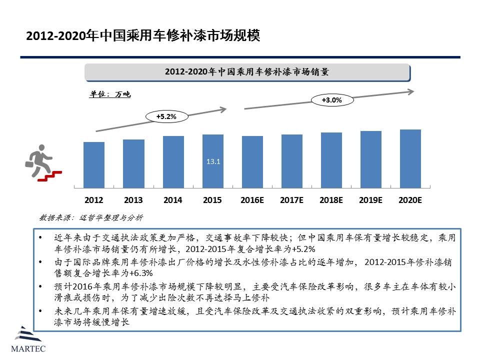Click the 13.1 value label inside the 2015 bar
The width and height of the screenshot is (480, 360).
pos(213,161)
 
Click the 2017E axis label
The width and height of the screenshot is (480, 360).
pos(292,200)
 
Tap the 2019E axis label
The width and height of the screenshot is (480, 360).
pos(371,200)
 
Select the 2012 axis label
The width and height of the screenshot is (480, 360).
pos(94,200)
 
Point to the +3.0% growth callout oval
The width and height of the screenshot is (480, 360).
pos(332,100)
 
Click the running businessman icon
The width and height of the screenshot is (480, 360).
pos(37,159)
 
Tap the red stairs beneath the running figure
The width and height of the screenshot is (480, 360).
pos(50,175)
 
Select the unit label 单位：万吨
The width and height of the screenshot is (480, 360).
pos(110,94)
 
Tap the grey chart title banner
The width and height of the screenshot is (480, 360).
pos(247,72)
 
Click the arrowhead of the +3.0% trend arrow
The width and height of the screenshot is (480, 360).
pos(410,91)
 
